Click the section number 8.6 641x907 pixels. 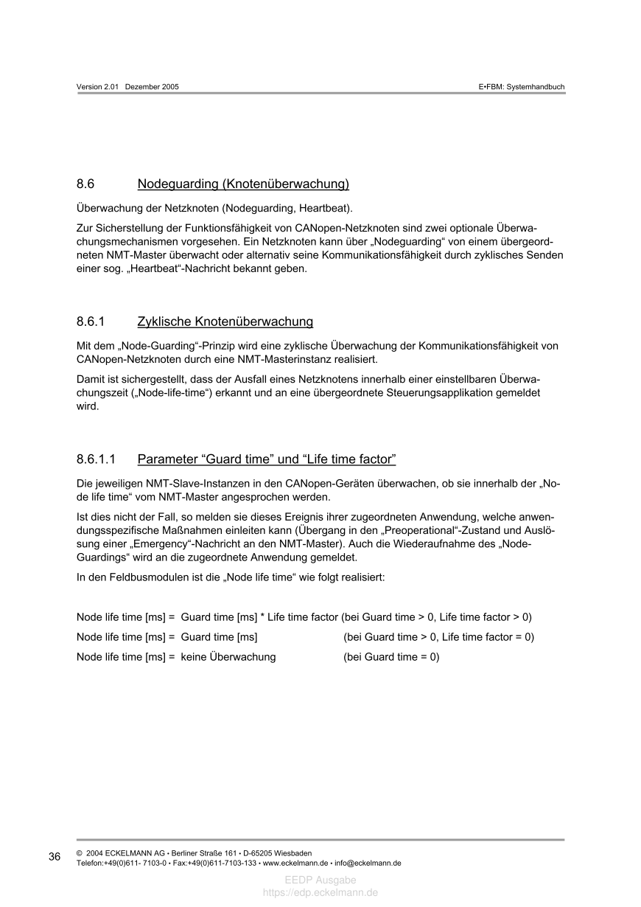click(x=86, y=184)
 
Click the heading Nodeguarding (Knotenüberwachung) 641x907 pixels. click(x=243, y=184)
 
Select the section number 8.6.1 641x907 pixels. click(x=91, y=322)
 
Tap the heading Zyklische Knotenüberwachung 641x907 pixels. click(x=225, y=322)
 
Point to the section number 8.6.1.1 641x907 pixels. click(x=97, y=460)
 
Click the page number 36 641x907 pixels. click(x=55, y=857)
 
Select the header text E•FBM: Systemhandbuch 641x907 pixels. click(x=521, y=87)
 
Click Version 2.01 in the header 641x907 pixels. click(x=98, y=87)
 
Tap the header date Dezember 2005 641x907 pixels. click(x=152, y=87)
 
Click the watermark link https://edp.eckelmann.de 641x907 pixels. click(x=320, y=892)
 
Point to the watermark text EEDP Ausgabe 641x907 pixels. click(x=320, y=880)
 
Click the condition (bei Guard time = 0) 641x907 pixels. click(x=391, y=657)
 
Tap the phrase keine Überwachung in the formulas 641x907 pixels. click(x=228, y=657)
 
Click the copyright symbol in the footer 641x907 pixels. click(x=79, y=853)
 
